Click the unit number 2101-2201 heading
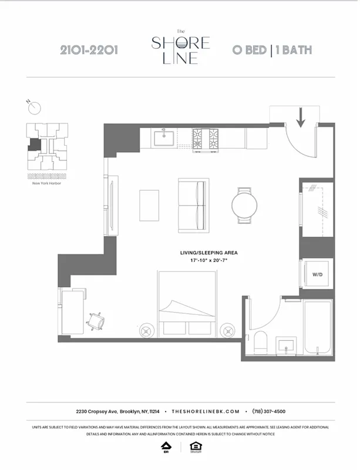point(89,50)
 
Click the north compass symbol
point(35,108)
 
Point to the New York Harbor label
point(48,183)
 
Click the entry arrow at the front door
point(301,117)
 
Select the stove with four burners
point(206,138)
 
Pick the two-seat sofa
point(193,205)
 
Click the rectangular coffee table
point(149,205)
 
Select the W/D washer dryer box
point(317,274)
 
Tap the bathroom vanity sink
point(287,344)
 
